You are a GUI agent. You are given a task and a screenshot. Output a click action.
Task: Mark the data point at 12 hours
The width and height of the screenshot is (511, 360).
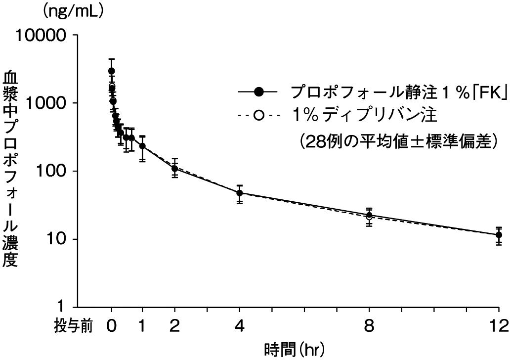[x=499, y=235]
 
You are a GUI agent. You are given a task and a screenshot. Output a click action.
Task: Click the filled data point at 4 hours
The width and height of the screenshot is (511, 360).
[x=240, y=193]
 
